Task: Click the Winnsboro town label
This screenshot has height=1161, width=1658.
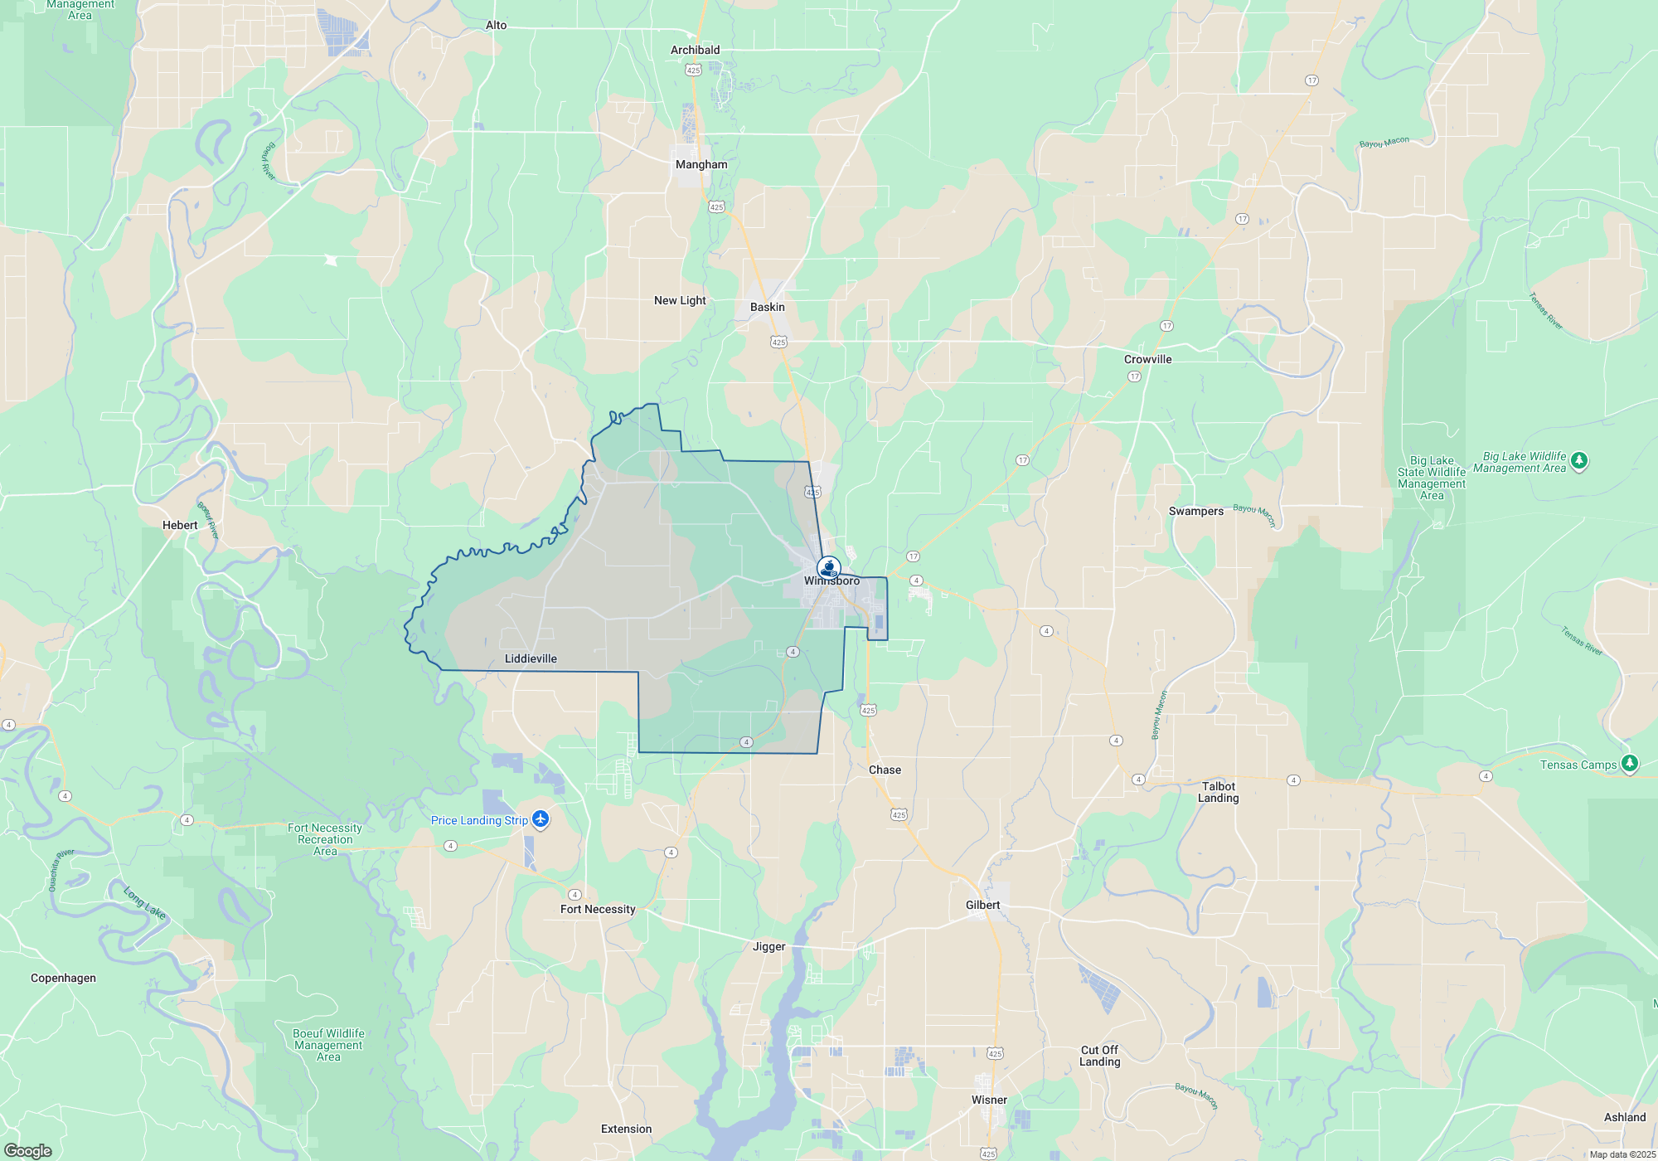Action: [x=831, y=581]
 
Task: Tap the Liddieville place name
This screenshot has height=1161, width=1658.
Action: [x=531, y=658]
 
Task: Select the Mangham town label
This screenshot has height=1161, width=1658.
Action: [x=701, y=164]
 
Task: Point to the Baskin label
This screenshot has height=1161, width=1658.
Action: [x=767, y=307]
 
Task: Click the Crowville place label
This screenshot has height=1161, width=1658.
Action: [x=1147, y=359]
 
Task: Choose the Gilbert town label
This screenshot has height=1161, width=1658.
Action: [x=982, y=905]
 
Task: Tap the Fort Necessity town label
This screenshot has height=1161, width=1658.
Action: [x=598, y=909]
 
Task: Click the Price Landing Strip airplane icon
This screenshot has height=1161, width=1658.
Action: [x=541, y=819]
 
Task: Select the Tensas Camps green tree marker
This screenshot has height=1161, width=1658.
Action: [x=1629, y=764]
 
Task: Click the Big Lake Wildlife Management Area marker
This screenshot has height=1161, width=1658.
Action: [x=1578, y=461]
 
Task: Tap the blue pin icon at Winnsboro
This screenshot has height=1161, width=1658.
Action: [x=828, y=568]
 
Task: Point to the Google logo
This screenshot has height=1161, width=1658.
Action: [x=28, y=1150]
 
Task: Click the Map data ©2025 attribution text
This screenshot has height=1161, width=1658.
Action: [x=1622, y=1154]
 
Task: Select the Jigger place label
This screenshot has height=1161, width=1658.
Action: [x=768, y=946]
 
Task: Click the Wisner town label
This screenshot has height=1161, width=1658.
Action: [x=989, y=1100]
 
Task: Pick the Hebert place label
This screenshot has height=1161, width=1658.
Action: [x=180, y=525]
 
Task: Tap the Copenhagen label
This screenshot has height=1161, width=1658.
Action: [x=63, y=978]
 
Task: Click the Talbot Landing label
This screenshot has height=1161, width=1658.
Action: [x=1218, y=792]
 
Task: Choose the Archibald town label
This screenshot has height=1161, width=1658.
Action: [x=695, y=50]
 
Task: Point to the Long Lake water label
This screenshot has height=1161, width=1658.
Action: [x=144, y=903]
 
